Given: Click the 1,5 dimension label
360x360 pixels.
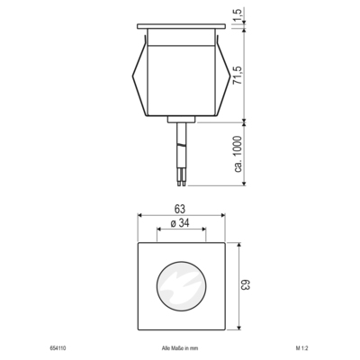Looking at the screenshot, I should coord(238,15).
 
